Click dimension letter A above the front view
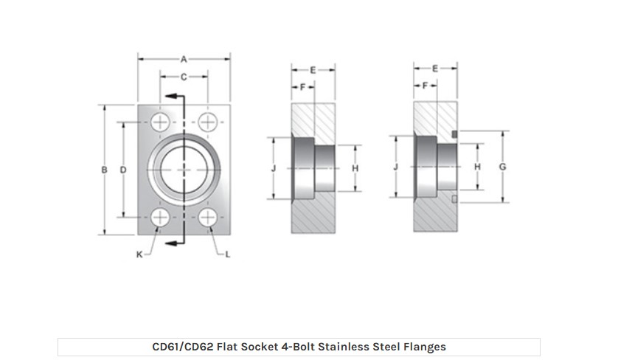(x=184, y=59)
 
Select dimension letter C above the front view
(x=184, y=77)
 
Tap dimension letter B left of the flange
(x=105, y=170)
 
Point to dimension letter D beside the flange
(x=123, y=170)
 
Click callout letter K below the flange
(x=139, y=255)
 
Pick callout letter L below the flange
(x=228, y=255)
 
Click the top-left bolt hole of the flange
(x=160, y=122)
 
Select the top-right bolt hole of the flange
(x=208, y=122)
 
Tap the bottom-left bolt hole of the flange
(x=160, y=218)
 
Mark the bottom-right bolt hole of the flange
(x=208, y=218)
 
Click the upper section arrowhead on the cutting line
(x=171, y=96)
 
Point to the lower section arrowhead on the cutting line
(x=171, y=243)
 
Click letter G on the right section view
(x=503, y=167)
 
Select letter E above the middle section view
(x=313, y=70)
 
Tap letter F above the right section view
(x=425, y=86)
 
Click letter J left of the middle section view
(x=274, y=168)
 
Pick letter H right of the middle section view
(x=355, y=168)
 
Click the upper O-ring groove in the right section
(x=455, y=134)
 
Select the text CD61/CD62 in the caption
(x=183, y=347)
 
